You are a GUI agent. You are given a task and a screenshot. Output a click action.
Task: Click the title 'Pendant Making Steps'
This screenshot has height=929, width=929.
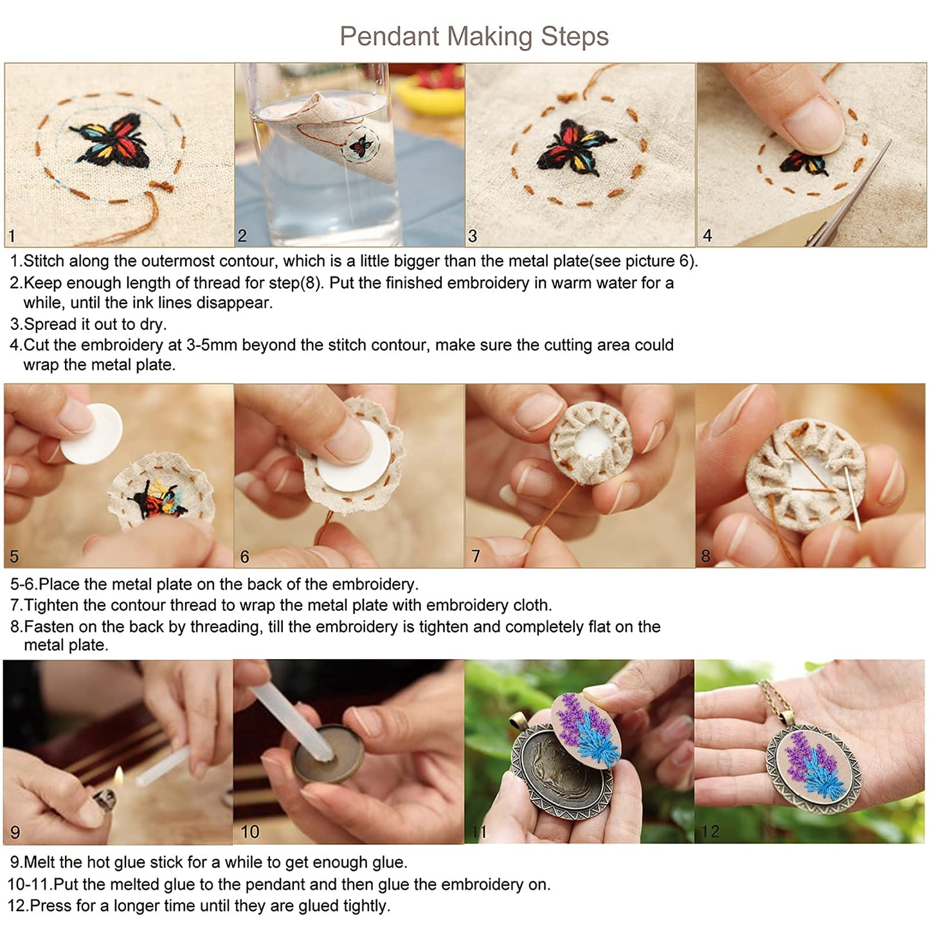(474, 36)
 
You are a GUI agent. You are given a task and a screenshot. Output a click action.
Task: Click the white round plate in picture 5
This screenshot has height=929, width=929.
(92, 433)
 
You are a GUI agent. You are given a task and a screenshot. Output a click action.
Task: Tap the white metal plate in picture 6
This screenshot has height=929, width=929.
(354, 457)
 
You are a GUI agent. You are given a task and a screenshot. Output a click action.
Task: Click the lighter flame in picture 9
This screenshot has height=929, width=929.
(118, 776)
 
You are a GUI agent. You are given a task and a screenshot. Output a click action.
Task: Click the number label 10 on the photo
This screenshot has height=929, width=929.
(249, 832)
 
